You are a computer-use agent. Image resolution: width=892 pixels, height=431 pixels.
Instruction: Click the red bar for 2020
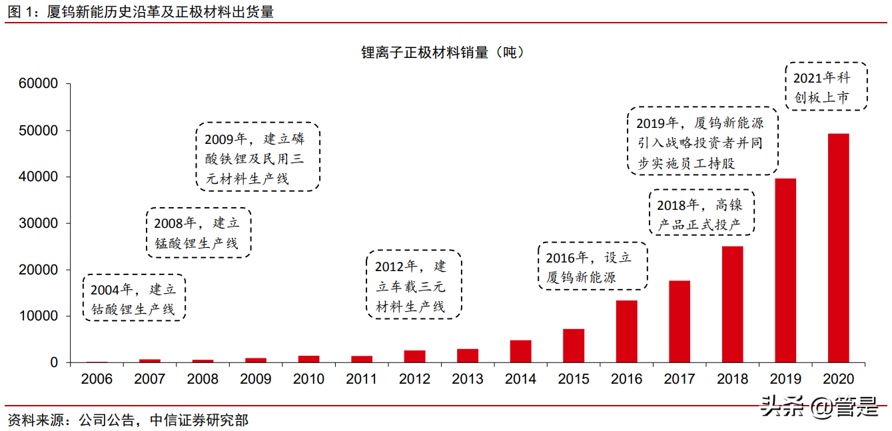click(838, 248)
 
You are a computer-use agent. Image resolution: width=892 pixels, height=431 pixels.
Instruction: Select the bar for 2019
click(785, 270)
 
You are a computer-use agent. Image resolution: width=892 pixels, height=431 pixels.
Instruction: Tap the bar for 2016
click(626, 331)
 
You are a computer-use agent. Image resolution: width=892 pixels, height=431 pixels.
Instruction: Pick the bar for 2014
click(520, 351)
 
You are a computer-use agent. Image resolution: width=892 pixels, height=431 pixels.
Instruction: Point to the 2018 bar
click(732, 304)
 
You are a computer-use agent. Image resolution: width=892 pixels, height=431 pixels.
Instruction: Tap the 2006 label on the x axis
click(97, 379)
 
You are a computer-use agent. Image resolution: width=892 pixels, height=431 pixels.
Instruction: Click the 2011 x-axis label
click(362, 379)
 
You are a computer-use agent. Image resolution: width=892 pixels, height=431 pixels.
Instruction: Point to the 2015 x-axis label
click(574, 379)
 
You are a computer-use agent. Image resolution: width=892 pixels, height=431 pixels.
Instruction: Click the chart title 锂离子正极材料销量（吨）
click(442, 52)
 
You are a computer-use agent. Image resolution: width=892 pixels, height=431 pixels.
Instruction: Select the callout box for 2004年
click(133, 298)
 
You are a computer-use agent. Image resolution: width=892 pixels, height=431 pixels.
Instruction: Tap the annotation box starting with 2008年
click(198, 232)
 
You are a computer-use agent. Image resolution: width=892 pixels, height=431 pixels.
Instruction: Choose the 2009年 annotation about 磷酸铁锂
click(257, 157)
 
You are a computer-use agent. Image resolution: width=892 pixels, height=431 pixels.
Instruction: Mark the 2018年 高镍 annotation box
click(701, 213)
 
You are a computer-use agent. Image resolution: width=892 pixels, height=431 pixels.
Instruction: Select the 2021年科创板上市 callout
click(826, 87)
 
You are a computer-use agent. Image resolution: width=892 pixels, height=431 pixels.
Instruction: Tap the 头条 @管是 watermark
click(819, 407)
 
